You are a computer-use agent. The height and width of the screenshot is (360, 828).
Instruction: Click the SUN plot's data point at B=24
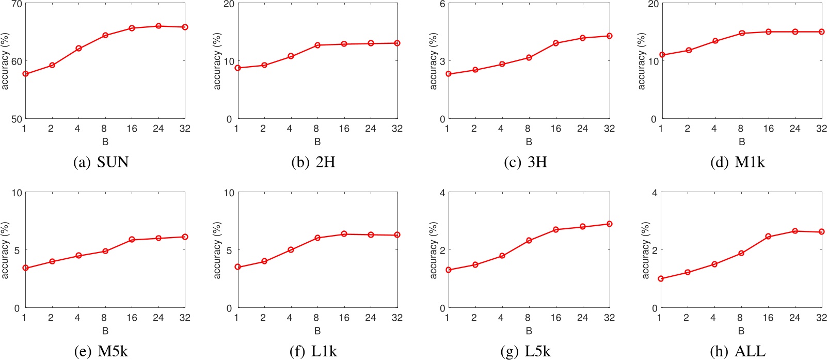click(x=158, y=26)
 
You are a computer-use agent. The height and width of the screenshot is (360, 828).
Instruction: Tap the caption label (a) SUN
click(x=101, y=162)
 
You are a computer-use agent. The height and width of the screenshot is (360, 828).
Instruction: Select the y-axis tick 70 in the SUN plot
click(x=16, y=4)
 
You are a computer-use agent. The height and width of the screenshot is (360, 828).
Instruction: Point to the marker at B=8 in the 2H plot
click(x=317, y=45)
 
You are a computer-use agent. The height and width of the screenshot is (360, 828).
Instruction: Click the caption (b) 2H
click(x=313, y=162)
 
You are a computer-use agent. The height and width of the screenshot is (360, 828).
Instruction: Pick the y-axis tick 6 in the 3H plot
click(x=442, y=4)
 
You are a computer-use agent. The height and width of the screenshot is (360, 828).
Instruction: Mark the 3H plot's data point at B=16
click(x=556, y=43)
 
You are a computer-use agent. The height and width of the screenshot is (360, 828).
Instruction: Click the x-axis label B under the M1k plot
click(x=741, y=142)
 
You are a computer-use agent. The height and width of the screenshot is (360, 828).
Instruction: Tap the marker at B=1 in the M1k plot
click(x=662, y=55)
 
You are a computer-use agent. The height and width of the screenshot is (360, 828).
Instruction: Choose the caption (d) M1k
click(x=738, y=162)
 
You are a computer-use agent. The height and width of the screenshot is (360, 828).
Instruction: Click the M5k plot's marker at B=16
click(x=132, y=240)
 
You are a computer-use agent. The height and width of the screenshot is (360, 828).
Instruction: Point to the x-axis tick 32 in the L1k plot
click(x=396, y=318)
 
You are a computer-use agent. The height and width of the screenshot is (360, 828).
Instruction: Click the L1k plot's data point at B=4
click(x=291, y=250)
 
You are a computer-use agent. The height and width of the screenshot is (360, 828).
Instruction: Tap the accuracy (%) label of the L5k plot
click(x=433, y=250)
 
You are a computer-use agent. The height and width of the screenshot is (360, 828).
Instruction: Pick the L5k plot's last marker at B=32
click(x=610, y=224)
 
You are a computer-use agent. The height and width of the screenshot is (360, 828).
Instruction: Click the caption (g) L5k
click(x=526, y=352)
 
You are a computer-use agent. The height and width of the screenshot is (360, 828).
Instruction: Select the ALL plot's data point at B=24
click(x=795, y=231)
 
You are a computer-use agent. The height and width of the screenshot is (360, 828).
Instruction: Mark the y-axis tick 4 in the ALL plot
click(x=655, y=193)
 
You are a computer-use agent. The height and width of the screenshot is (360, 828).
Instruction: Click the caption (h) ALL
click(x=738, y=352)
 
